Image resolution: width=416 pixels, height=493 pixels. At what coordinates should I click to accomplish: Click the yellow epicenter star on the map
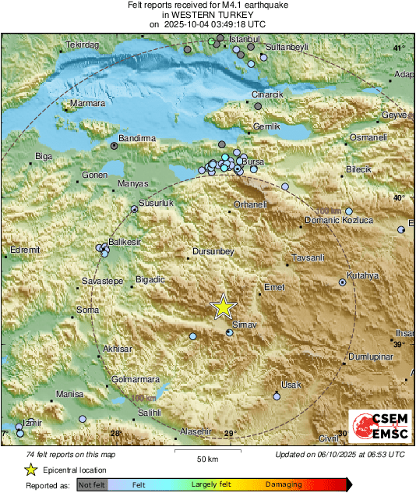tap(224, 307)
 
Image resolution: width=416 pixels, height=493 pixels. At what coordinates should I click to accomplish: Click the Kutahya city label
tap(362, 275)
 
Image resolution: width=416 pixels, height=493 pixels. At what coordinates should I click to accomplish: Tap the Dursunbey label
tap(213, 251)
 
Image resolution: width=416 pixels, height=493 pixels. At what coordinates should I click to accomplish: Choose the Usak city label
tap(291, 385)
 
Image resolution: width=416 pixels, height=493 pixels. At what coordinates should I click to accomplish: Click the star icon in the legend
tap(30, 470)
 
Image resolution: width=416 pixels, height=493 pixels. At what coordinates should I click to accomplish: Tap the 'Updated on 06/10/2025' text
tap(340, 454)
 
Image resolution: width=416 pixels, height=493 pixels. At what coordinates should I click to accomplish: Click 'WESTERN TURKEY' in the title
tap(208, 15)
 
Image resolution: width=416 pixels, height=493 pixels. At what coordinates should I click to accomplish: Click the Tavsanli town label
tap(305, 257)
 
